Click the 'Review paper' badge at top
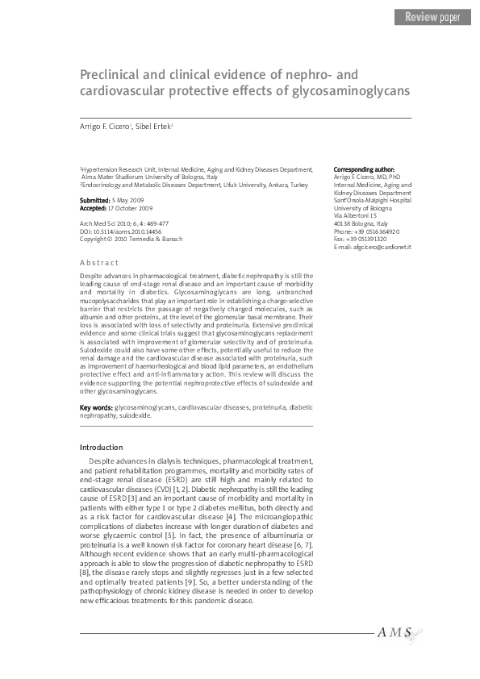click(432, 17)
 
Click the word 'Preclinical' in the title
click(115, 74)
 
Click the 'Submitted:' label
click(95, 199)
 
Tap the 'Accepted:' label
click(94, 207)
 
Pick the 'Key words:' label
click(96, 408)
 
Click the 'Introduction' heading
click(101, 447)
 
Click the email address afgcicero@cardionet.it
click(373, 246)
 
